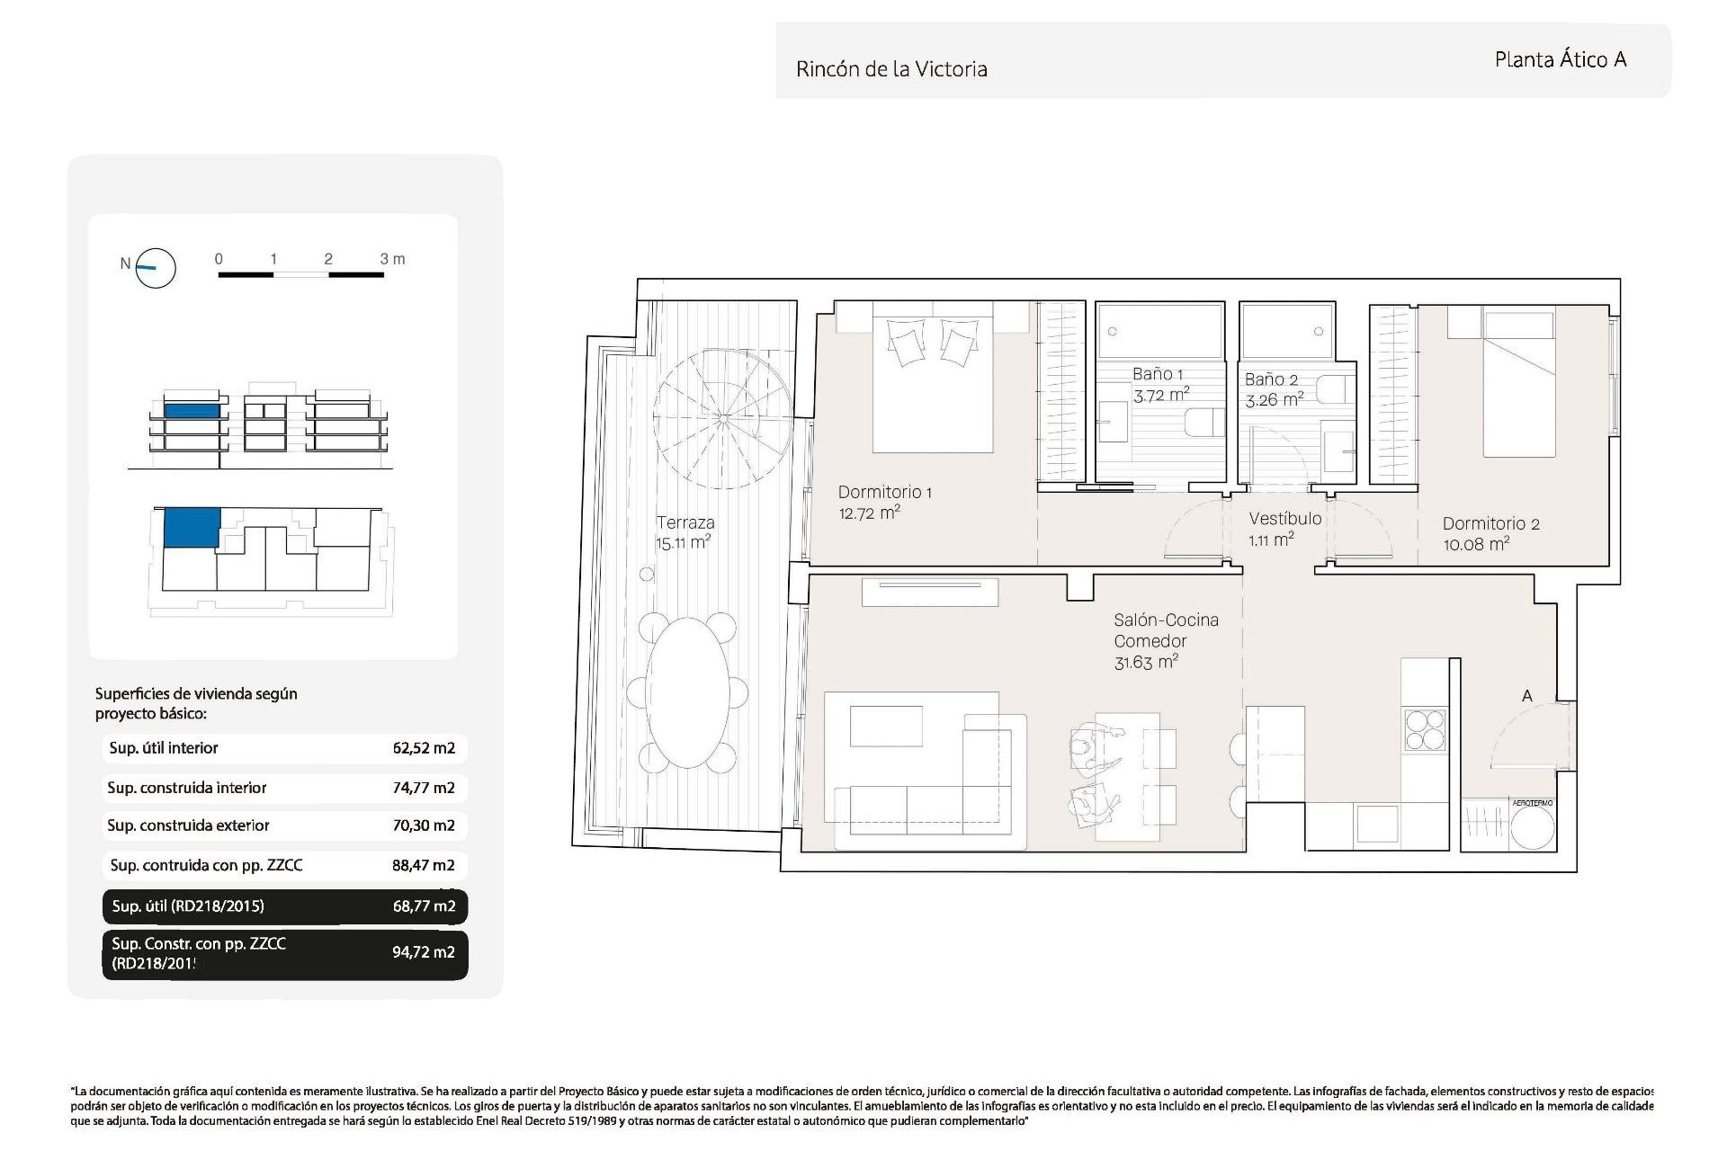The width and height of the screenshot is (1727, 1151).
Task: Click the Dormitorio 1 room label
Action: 884,492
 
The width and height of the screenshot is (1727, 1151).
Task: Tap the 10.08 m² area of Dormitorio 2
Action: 1476,544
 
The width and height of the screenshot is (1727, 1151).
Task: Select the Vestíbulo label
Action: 1284,519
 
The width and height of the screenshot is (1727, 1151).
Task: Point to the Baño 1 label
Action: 1158,374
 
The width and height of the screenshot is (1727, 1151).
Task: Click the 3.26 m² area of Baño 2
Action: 1274,400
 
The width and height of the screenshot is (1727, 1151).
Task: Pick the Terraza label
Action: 685,522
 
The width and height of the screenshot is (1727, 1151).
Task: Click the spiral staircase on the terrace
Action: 723,418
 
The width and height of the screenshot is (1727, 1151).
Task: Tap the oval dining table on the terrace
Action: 688,692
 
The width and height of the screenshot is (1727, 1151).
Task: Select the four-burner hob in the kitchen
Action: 1425,729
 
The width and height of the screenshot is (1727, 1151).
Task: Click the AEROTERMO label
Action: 1532,803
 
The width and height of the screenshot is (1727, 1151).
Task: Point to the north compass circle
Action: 156,267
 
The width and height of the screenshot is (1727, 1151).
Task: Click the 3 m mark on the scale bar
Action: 391,259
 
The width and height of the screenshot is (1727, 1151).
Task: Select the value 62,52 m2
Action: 424,748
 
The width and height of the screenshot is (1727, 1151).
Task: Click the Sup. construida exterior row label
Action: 188,825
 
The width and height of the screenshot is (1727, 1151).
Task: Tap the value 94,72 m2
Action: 424,952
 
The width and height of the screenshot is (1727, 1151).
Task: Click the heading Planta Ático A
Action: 1560,60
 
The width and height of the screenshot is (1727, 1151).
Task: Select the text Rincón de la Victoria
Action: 890,69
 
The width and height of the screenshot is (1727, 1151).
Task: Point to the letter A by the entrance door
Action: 1526,696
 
